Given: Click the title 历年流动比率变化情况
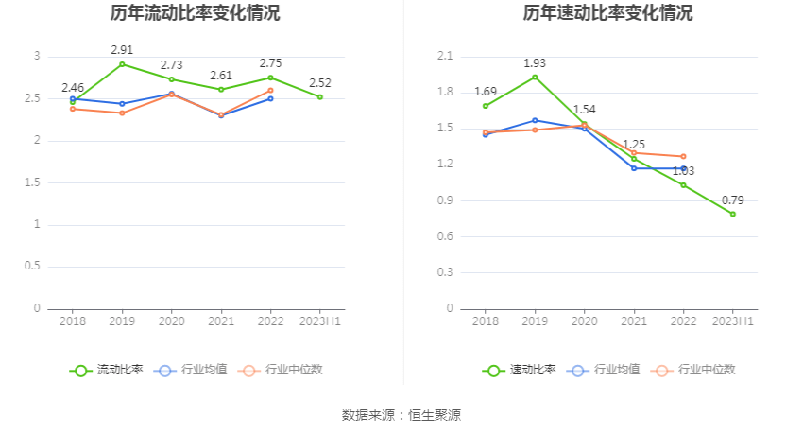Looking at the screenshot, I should (195, 14).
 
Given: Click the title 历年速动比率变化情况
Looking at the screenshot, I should (607, 14).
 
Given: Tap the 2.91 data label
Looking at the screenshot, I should (122, 49).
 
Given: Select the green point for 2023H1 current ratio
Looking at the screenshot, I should (320, 96).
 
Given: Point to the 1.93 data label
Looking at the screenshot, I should (535, 63).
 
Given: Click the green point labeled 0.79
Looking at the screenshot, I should (732, 214).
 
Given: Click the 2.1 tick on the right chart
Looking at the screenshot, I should (445, 57).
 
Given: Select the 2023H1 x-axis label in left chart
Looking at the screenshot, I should (320, 322).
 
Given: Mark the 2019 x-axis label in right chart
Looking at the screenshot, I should (535, 322).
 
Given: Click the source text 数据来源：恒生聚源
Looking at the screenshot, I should (401, 415).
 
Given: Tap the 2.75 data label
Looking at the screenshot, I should (271, 63).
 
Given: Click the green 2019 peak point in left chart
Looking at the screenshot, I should (122, 64).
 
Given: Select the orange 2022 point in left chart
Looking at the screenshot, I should (270, 91).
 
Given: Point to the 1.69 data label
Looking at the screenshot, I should (486, 92).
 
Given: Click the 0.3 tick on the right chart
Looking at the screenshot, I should (445, 272).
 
